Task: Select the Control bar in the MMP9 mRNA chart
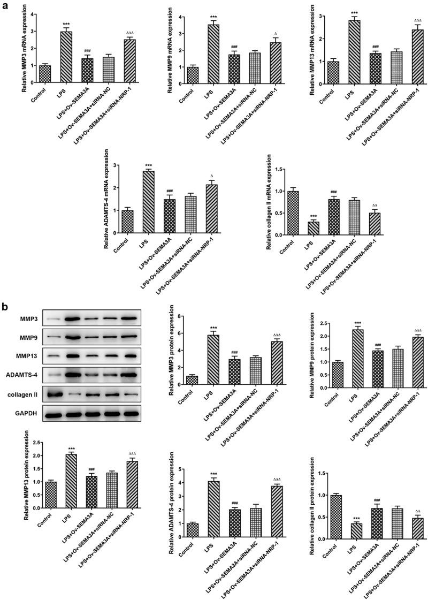[x=192, y=75]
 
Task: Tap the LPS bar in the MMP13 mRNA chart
[x=354, y=51]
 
